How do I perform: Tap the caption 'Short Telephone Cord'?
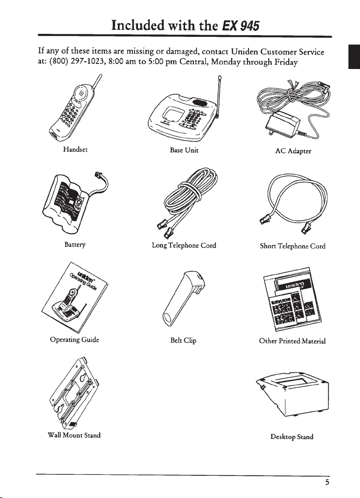pyautogui.click(x=293, y=246)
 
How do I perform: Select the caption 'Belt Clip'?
pyautogui.click(x=183, y=341)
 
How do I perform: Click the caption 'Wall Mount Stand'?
pyautogui.click(x=74, y=435)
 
